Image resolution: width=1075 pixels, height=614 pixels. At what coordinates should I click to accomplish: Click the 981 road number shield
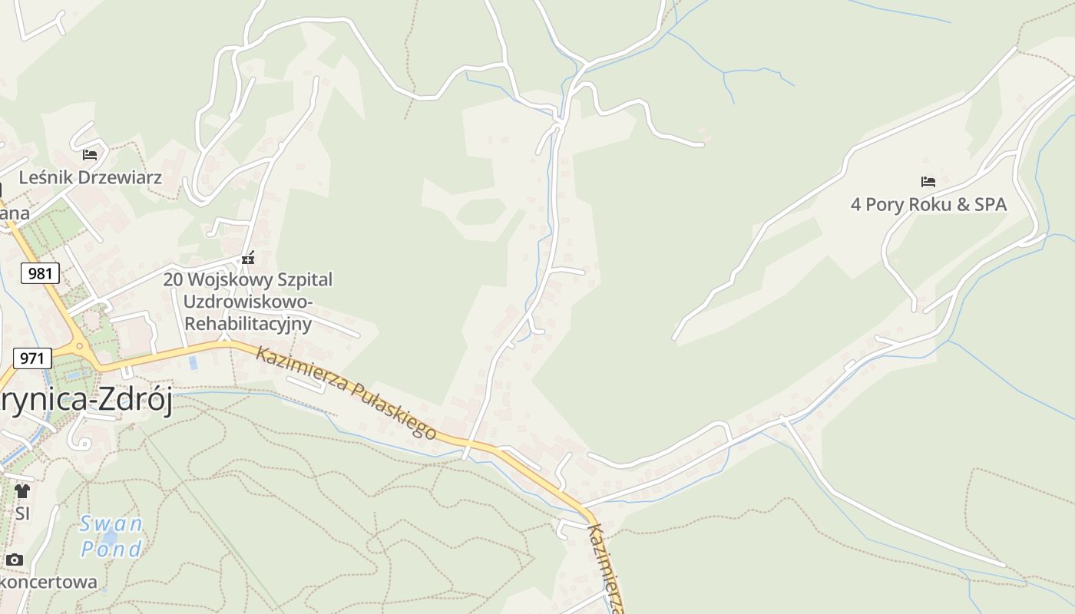(x=40, y=273)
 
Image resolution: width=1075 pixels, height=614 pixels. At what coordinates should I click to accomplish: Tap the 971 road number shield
(x=32, y=358)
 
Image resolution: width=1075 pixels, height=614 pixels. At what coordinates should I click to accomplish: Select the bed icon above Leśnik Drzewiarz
(x=90, y=154)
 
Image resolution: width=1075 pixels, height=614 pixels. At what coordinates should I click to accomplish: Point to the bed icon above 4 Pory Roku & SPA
(x=928, y=182)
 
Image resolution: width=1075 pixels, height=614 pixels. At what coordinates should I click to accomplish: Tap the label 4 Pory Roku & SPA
(x=928, y=205)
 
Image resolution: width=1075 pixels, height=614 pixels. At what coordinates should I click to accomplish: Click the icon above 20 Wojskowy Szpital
(x=248, y=259)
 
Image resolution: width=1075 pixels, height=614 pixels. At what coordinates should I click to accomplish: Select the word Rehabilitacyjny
(x=248, y=324)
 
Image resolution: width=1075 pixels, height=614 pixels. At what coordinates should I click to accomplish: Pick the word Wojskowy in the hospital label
(x=226, y=279)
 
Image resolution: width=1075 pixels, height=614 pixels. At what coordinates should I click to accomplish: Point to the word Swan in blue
(x=111, y=524)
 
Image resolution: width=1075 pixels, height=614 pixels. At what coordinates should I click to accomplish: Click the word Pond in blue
(x=111, y=549)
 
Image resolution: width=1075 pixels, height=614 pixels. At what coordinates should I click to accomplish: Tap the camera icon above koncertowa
(x=14, y=560)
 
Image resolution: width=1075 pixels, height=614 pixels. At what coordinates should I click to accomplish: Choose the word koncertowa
(x=49, y=583)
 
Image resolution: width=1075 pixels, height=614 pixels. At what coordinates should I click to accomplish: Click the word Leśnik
(x=45, y=177)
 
